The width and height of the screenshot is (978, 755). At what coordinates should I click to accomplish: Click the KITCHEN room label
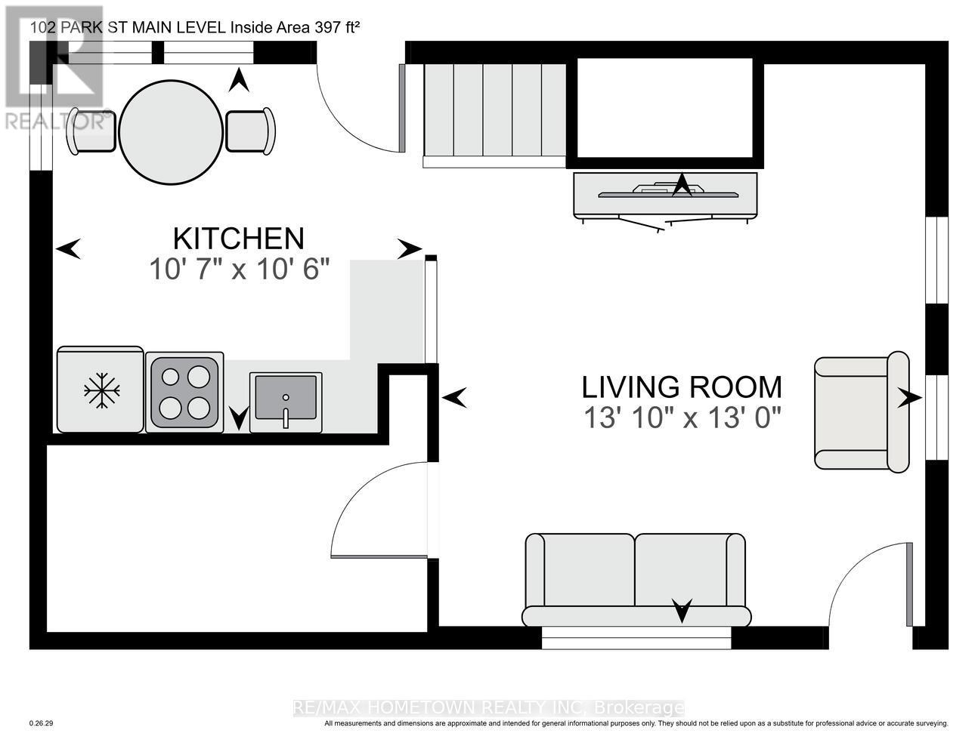[x=239, y=239]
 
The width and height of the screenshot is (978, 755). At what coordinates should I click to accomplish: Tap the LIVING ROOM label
[x=682, y=387]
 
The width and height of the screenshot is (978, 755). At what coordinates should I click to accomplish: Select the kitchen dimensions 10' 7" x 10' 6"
[x=240, y=270]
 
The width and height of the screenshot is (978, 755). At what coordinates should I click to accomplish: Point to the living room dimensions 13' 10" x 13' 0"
[x=682, y=418]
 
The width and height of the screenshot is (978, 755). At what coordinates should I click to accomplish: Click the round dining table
[x=171, y=132]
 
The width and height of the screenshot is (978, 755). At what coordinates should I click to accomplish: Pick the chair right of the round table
[x=250, y=131]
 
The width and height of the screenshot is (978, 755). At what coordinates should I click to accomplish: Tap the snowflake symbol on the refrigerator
[x=102, y=390]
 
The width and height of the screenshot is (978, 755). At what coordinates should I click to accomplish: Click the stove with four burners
[x=184, y=393]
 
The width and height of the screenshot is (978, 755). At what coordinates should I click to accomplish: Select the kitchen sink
[x=286, y=402]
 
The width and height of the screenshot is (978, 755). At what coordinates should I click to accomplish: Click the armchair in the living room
[x=862, y=412]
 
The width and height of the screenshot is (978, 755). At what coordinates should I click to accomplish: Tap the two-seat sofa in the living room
[x=636, y=580]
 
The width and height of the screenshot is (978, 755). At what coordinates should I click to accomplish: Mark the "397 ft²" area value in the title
[x=337, y=27]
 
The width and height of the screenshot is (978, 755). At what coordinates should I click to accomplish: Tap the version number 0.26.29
[x=41, y=736]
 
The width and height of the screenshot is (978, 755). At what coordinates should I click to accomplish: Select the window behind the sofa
[x=636, y=638]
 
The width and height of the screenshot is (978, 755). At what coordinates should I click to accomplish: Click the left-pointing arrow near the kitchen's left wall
[x=69, y=248]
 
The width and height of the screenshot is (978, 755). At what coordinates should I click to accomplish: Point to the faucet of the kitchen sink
[x=286, y=412]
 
